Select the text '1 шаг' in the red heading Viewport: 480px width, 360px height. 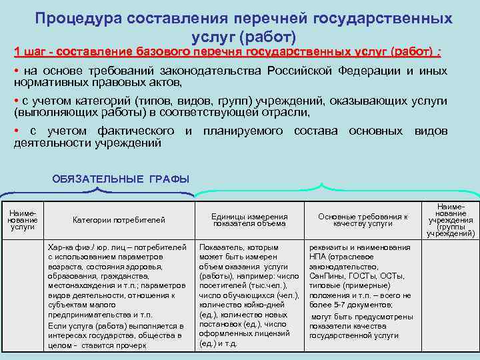click(29, 51)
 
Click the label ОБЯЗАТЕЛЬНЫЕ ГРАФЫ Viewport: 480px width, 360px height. click(121, 179)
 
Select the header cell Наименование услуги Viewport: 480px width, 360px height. click(23, 219)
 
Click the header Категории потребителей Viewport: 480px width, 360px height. click(119, 220)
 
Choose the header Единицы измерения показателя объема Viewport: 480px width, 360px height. click(249, 220)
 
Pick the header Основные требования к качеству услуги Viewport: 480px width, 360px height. click(363, 220)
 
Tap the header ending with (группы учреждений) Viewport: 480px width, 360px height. click(451, 220)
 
